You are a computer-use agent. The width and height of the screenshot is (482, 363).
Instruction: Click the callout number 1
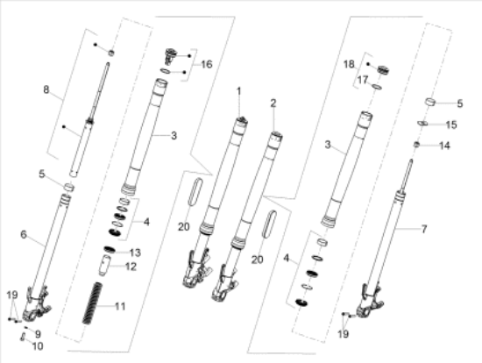pos(239,91)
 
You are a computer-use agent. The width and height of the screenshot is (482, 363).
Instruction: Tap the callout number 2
pos(273,103)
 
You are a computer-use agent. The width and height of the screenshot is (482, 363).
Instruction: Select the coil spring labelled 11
pos(93,303)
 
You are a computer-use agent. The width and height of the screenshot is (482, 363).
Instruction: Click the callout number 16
pos(207,64)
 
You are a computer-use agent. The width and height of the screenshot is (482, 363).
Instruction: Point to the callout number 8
pos(46,89)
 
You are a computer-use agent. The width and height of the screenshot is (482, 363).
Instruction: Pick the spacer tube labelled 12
pos(104,266)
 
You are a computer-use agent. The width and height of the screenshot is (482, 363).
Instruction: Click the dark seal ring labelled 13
pos(110,250)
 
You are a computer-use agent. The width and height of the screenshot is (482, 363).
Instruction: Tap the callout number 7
pos(424,229)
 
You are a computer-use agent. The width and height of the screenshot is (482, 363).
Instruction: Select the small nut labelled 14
pos(416,144)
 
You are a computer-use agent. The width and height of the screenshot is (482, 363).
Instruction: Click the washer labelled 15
pos(422,124)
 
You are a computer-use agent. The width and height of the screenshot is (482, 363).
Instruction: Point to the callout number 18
pos(349,64)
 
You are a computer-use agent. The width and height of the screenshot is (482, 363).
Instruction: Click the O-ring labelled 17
pos(377,87)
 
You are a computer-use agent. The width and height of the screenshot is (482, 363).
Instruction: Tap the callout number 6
pos(24,234)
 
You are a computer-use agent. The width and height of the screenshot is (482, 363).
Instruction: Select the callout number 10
pos(38,346)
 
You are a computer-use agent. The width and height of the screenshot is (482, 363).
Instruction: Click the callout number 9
pos(38,334)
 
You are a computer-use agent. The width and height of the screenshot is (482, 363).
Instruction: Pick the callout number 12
pos(131,267)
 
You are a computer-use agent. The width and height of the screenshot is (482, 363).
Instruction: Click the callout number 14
pos(444,146)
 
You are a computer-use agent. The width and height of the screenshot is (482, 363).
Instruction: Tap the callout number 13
pos(135,253)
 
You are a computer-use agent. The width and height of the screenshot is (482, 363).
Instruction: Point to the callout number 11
pos(120,306)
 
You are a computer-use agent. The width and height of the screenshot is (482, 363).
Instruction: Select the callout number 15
pos(451,125)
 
